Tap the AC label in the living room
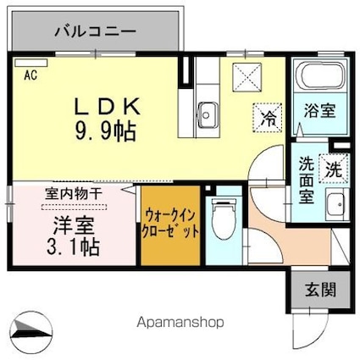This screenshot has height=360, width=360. pos(30,75)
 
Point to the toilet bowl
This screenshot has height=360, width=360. pos(224,223)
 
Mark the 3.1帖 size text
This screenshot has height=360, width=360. pos(75,249)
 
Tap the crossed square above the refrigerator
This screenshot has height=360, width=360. pos(251,76)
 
